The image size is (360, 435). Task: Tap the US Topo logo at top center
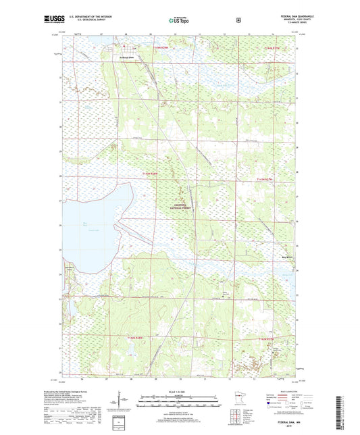[x=177, y=20]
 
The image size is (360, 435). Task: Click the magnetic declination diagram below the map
[x=128, y=405]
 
